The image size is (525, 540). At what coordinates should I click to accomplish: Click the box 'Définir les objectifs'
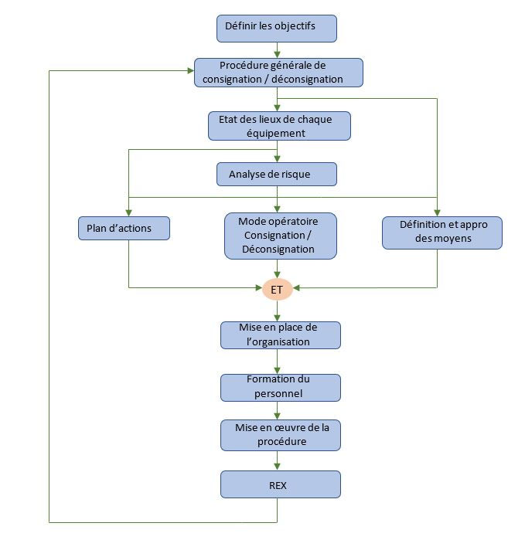pyautogui.click(x=277, y=27)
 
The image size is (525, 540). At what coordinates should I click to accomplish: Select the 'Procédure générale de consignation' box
pyautogui.click(x=278, y=72)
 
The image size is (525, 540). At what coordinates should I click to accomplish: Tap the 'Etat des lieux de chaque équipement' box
pyautogui.click(x=278, y=126)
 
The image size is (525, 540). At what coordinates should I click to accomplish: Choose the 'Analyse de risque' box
pyautogui.click(x=277, y=174)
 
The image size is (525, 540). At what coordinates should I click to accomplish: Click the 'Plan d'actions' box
pyautogui.click(x=124, y=229)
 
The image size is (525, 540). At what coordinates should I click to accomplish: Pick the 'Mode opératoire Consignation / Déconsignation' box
pyautogui.click(x=280, y=235)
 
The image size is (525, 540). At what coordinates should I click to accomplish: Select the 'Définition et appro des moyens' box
pyautogui.click(x=441, y=233)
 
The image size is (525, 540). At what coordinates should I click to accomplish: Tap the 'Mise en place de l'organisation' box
pyautogui.click(x=280, y=335)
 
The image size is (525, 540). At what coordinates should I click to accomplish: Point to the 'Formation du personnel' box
pyautogui.click(x=280, y=387)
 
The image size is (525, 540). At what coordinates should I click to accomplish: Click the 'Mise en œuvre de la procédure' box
pyautogui.click(x=280, y=435)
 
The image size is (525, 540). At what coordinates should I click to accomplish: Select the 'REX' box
pyautogui.click(x=280, y=484)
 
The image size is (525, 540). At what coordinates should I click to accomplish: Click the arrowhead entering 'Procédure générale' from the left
pyautogui.click(x=189, y=71)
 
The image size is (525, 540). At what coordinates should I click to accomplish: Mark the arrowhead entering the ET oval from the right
pyautogui.click(x=295, y=288)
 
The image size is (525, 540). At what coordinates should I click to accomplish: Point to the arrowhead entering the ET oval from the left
pyautogui.click(x=257, y=288)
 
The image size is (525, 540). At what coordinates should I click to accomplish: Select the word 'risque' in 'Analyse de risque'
pyautogui.click(x=294, y=174)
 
